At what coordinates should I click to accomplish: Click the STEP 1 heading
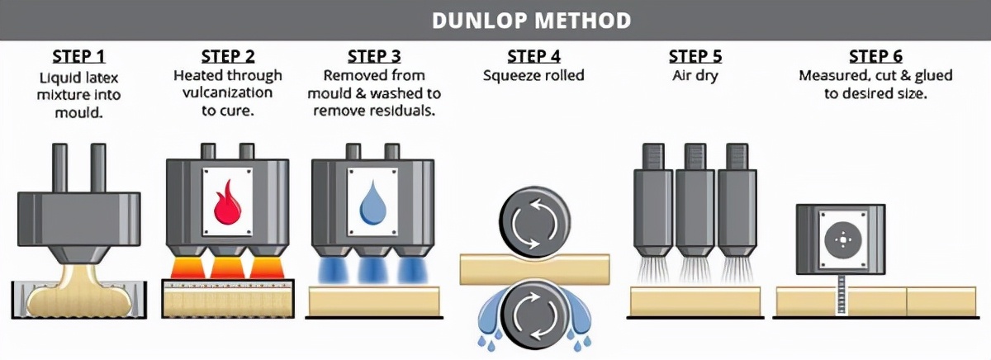[x=79, y=57]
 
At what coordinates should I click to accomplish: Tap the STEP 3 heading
[x=373, y=57]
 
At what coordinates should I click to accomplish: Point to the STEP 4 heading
[x=533, y=57]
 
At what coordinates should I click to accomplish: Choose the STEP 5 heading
[x=695, y=57]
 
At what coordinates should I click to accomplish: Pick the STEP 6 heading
[x=875, y=57]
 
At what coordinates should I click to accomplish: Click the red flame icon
[x=227, y=203]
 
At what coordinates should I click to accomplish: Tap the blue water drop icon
[x=372, y=202]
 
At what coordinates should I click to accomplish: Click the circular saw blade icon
[x=841, y=240]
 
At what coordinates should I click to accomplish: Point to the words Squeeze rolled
[x=533, y=76]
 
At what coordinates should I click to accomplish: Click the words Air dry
[x=695, y=76]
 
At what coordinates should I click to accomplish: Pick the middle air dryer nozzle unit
[x=695, y=198]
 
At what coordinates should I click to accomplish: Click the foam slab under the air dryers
[x=695, y=301]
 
